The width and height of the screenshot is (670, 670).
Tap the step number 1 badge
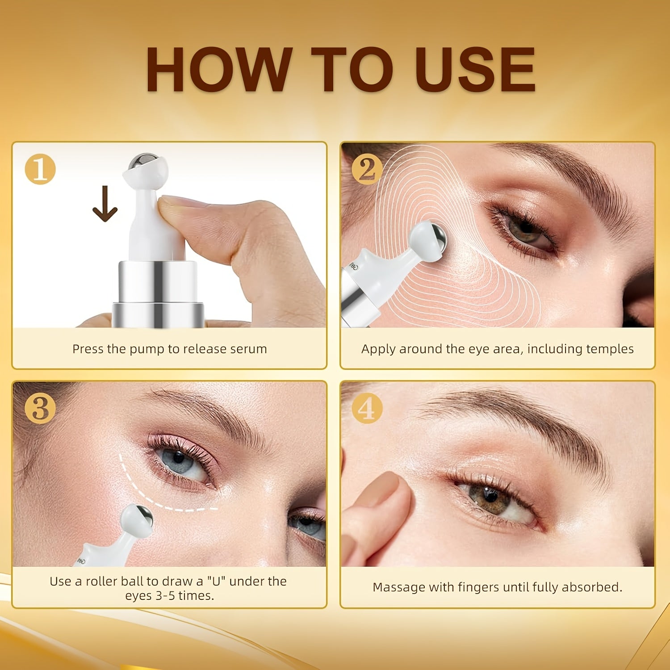pyautogui.click(x=40, y=170)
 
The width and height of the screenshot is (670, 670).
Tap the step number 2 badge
pyautogui.click(x=367, y=170)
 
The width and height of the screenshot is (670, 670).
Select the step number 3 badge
pyautogui.click(x=40, y=408)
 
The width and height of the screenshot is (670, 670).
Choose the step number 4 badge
pyautogui.click(x=367, y=408)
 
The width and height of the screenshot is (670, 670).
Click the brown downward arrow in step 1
pyautogui.click(x=105, y=204)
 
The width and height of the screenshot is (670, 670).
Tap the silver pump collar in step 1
pyautogui.click(x=157, y=286)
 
